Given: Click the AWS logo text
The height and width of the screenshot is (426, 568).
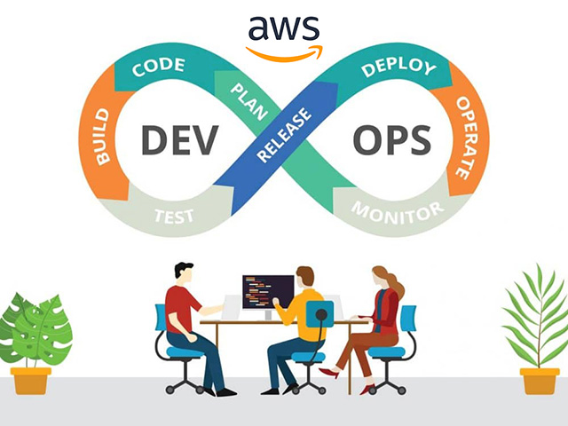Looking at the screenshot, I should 283,29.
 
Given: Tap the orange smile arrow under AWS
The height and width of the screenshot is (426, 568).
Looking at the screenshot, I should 284,52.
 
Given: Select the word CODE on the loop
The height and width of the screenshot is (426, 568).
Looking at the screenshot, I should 159,67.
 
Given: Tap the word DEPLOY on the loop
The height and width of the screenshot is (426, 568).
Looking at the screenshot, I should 399,67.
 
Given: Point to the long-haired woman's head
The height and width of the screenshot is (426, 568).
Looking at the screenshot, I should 383,276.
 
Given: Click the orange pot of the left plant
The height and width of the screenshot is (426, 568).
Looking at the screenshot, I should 32,380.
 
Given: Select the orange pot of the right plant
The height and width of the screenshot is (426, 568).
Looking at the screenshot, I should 539,380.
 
